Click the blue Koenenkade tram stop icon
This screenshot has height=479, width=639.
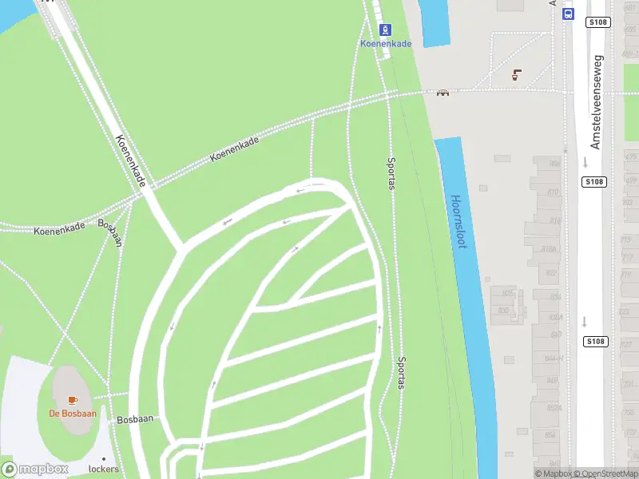tap(386, 30)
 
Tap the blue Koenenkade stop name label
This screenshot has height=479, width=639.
tap(386, 44)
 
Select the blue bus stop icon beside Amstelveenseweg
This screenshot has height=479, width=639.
tap(568, 14)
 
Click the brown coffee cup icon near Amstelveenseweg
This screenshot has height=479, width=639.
tap(517, 75)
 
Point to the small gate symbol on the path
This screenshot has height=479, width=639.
tap(443, 92)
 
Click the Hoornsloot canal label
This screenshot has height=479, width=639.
tap(458, 222)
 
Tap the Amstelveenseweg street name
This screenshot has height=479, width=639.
tap(596, 101)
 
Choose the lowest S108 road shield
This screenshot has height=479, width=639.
tap(595, 342)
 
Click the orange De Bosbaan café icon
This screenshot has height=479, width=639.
tap(73, 399)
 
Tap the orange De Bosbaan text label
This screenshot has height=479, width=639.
tap(73, 413)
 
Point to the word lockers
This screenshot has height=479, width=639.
tap(103, 469)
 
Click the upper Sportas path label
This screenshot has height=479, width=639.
tap(391, 172)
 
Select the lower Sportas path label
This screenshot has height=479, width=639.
tap(401, 373)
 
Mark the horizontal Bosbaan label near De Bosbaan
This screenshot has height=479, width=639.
tap(134, 418)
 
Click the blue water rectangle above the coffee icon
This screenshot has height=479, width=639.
tap(435, 22)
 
